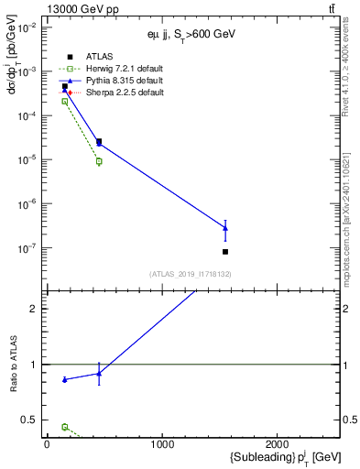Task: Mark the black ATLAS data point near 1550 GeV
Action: coord(225,251)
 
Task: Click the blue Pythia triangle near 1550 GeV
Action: coord(225,228)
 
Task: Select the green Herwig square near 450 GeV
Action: coord(99,161)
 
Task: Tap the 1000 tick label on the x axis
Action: coord(162,444)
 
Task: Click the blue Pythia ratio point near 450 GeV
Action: coord(99,373)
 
